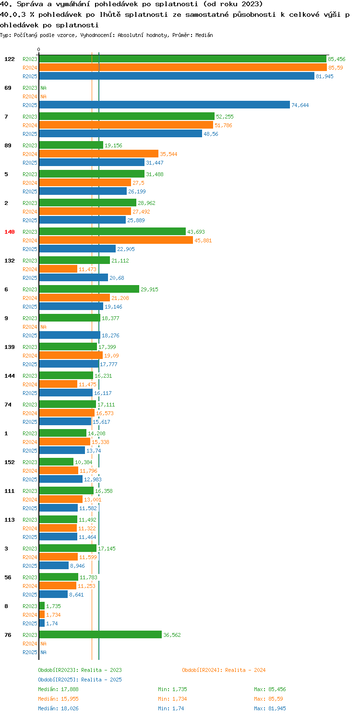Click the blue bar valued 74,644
coord(164,105)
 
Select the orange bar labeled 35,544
coord(99,154)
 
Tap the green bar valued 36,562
coord(100,635)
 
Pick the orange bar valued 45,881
coord(116,240)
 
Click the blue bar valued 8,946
coord(54,566)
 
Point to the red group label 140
coord(9,232)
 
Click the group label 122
coord(9,59)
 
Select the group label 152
coord(9,462)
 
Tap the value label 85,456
coord(336,59)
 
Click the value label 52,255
coord(225,117)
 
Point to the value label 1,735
coord(53,606)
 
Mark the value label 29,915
coord(150,290)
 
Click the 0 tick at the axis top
coord(39,49)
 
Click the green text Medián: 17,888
coord(58,689)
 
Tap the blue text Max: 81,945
coord(270,708)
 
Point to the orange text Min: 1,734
coord(172,699)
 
